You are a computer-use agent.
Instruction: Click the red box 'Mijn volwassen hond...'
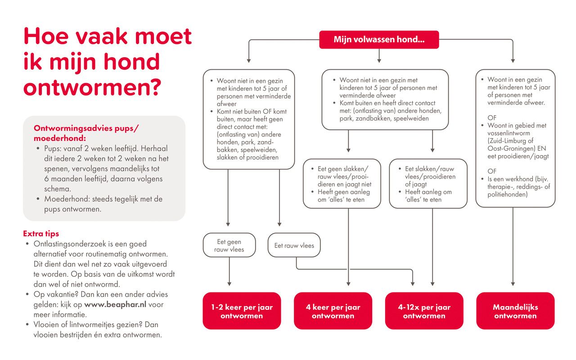(379, 40)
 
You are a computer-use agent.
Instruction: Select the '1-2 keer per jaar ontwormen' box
(242, 311)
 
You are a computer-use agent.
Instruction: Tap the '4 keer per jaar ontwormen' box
(333, 311)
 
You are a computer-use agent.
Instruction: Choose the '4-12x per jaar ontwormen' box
(424, 311)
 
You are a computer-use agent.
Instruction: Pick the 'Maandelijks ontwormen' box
(515, 311)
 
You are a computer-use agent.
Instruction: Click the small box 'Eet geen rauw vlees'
(229, 245)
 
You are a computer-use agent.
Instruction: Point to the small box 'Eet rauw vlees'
(294, 246)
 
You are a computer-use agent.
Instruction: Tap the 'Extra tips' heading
(41, 234)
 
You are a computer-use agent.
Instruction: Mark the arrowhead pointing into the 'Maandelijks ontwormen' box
(513, 284)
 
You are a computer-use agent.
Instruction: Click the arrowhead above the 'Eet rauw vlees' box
(279, 224)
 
